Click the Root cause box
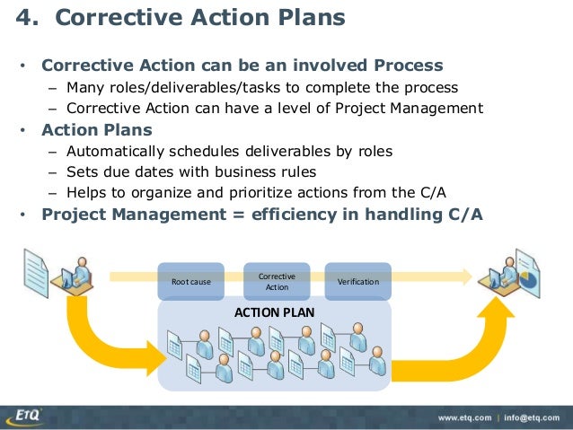click(190, 281)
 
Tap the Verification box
click(357, 281)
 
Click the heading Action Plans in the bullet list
click(97, 129)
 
